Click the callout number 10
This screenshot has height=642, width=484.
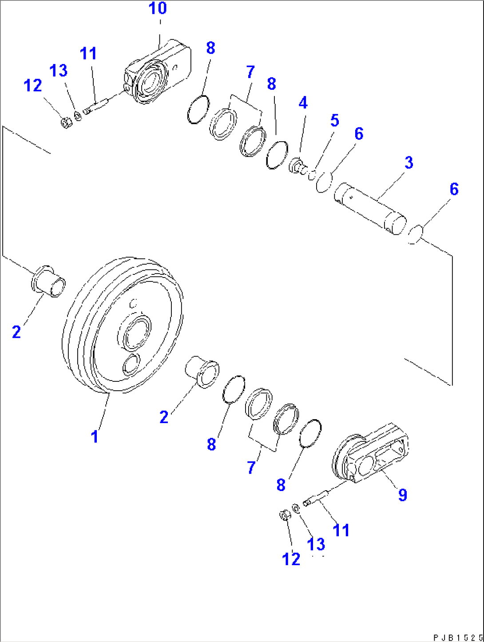click(x=157, y=8)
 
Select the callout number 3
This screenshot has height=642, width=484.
click(x=409, y=162)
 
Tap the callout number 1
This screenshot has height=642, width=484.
click(x=95, y=436)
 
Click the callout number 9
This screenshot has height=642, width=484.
click(x=402, y=494)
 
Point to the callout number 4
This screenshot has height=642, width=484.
click(x=303, y=103)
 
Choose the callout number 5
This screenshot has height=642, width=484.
click(x=334, y=120)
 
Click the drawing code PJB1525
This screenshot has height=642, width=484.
click(x=457, y=638)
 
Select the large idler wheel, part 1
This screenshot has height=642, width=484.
click(x=122, y=326)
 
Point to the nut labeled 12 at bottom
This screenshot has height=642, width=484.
click(x=284, y=515)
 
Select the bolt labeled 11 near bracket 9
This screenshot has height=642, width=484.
click(x=315, y=498)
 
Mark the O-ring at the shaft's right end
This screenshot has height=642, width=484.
click(x=415, y=234)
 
